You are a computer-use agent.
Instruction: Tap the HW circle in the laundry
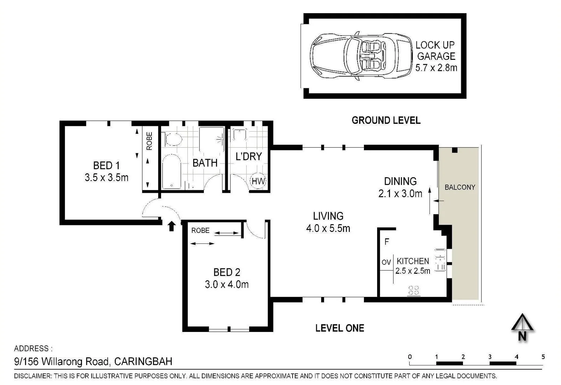258,181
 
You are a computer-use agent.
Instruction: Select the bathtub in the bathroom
171,171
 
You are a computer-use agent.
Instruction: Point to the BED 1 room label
106,165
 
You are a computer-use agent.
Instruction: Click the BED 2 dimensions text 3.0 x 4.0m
227,284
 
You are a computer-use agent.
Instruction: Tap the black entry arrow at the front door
171,226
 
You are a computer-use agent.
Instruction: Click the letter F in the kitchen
387,242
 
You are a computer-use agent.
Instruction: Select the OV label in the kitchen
386,262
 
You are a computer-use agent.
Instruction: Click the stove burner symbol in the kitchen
413,290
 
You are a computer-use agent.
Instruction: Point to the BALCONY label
460,187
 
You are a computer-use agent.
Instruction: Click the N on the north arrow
522,336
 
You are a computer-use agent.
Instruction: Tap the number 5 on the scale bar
543,357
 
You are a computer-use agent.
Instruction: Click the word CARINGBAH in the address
143,361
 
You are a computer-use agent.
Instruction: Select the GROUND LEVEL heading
386,120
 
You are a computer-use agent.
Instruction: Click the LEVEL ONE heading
340,328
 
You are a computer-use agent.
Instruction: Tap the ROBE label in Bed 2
200,231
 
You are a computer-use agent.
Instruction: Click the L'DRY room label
249,156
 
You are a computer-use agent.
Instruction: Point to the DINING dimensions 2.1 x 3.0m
400,194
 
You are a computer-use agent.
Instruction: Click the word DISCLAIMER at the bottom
33,376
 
